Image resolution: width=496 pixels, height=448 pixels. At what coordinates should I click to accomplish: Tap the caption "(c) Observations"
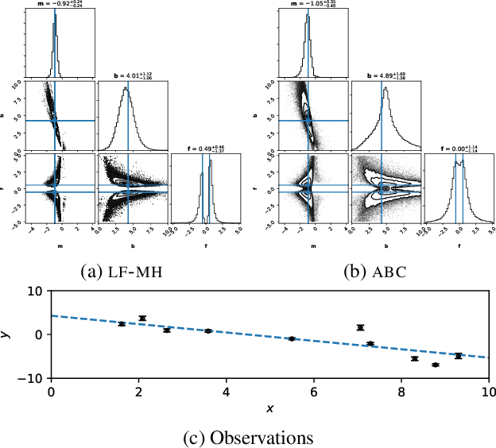click(x=249, y=438)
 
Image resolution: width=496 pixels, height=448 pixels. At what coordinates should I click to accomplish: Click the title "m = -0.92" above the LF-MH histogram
click(x=54, y=4)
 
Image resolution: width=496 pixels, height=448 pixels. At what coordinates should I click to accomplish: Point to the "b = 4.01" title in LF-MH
click(x=128, y=77)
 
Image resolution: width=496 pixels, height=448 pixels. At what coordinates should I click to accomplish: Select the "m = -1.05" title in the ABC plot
click(x=308, y=4)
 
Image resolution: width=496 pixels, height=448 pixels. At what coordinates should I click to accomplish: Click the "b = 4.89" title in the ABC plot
click(x=384, y=77)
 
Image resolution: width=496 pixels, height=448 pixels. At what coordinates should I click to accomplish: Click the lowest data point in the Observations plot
click(x=435, y=365)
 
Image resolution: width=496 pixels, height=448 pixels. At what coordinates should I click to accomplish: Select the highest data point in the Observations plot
click(x=142, y=318)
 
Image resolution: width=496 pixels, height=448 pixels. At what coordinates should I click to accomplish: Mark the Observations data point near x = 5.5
click(x=292, y=338)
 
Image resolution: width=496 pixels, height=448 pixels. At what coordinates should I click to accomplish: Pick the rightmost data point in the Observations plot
click(x=458, y=356)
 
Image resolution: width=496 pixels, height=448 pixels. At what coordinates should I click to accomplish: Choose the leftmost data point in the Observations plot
click(x=122, y=324)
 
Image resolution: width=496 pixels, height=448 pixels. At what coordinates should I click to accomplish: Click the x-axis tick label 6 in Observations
click(x=314, y=392)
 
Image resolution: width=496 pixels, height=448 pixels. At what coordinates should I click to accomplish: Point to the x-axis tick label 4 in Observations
click(x=227, y=392)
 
